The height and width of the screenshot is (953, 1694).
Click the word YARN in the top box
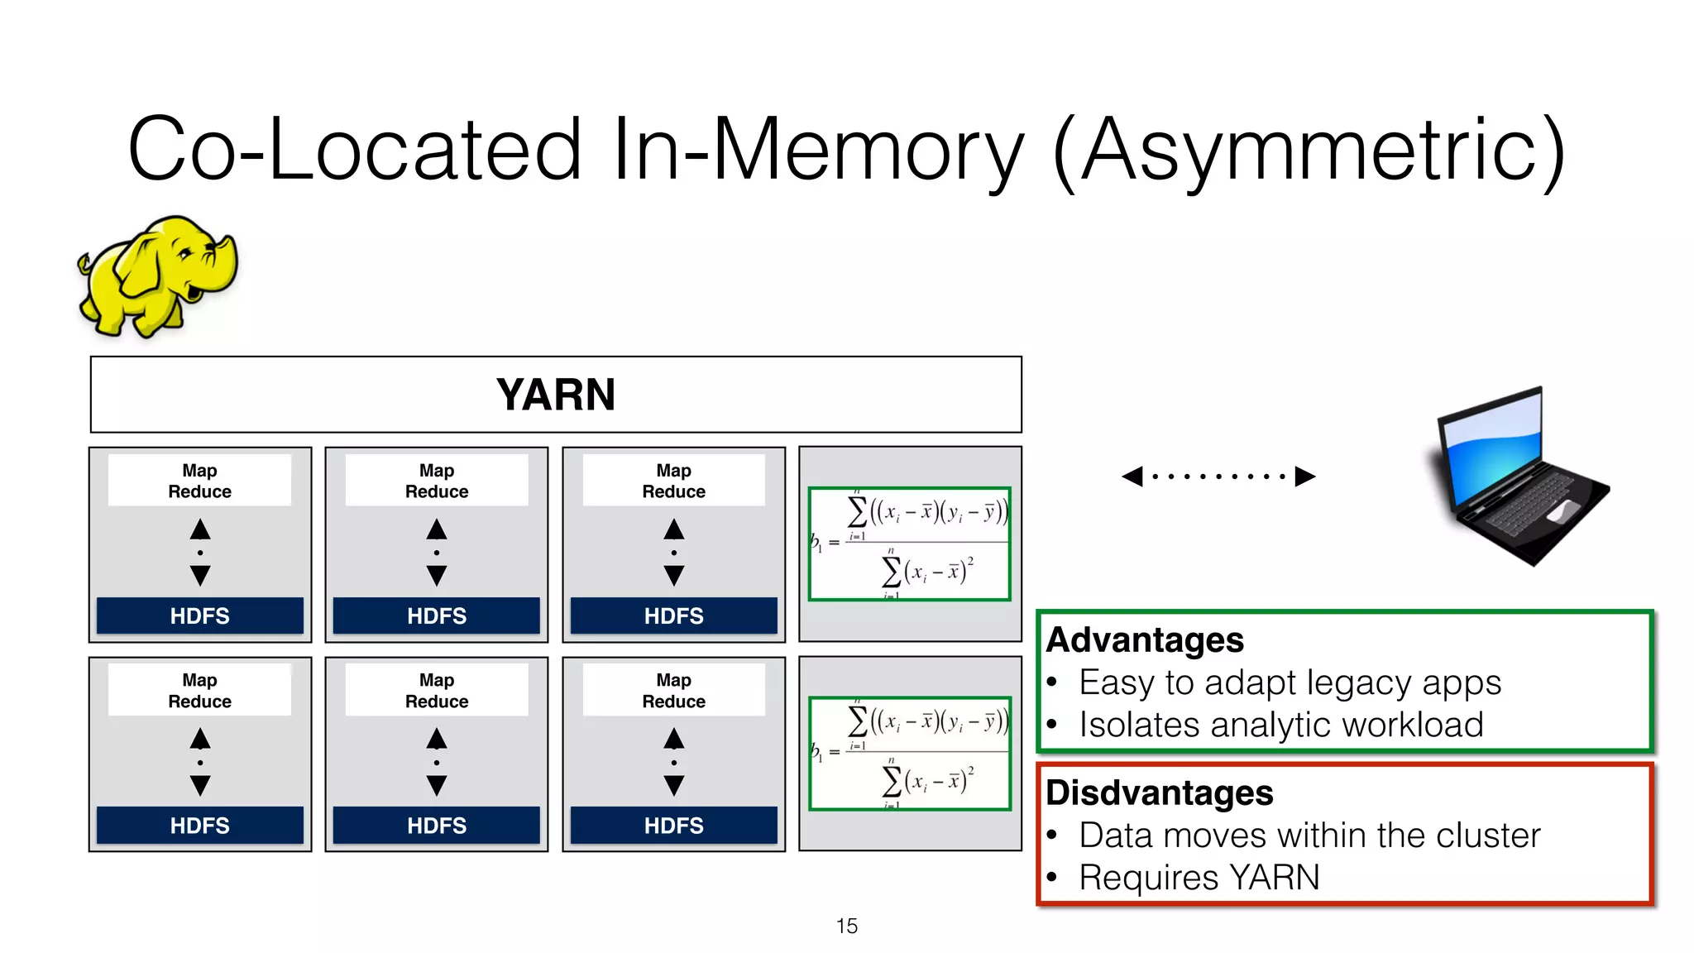[556, 395]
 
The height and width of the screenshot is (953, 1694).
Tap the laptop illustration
[1518, 477]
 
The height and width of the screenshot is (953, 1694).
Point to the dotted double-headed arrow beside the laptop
[1218, 476]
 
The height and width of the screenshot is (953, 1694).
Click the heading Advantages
[1144, 640]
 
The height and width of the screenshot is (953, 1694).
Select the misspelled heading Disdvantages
[1158, 793]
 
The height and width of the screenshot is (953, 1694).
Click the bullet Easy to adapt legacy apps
[1289, 683]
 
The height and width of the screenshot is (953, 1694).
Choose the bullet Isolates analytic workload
[1280, 726]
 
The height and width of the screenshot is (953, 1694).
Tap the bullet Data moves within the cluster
[1309, 836]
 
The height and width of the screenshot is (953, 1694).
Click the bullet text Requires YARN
[1199, 878]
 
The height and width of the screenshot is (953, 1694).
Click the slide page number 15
[846, 926]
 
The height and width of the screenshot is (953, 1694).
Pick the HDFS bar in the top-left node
[199, 616]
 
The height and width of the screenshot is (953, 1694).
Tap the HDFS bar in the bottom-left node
[199, 826]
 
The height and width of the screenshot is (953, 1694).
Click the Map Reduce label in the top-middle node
[437, 481]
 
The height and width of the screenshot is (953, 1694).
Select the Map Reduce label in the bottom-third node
[673, 691]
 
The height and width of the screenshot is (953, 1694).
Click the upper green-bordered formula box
[909, 544]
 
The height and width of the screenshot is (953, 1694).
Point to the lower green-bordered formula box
[909, 754]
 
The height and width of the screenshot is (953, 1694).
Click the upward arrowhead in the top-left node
[200, 529]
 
